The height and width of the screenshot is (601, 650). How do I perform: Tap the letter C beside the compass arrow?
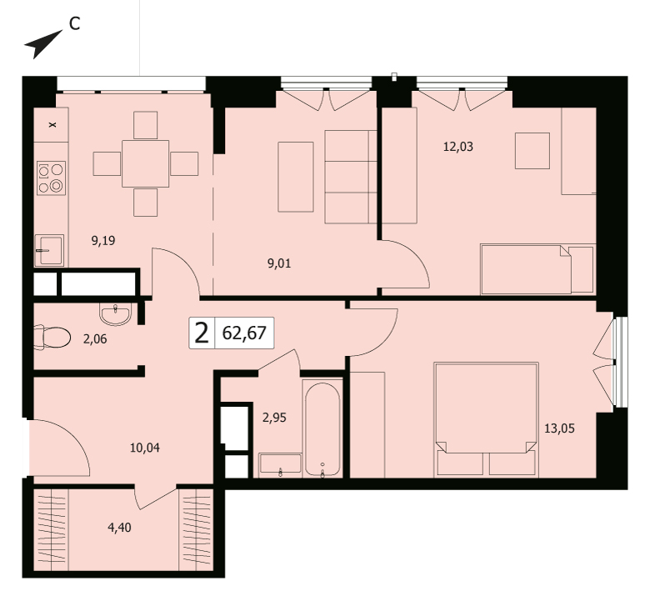74,24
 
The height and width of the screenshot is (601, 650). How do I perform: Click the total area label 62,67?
244,333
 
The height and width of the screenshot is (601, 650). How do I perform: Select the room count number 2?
202,333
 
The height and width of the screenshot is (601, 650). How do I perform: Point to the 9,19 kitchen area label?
103,241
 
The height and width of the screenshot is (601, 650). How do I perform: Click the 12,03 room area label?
458,147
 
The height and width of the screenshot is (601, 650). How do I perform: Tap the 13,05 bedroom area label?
560,428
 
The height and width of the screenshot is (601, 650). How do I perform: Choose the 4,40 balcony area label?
119,528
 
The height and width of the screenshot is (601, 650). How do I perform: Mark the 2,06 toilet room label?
95,339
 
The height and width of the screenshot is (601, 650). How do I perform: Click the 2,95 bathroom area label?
274,418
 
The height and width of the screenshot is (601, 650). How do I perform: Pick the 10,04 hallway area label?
145,448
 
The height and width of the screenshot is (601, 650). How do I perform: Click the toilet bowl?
52,338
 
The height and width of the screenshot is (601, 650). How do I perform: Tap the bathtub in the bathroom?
322,428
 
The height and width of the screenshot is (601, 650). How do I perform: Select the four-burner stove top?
51,178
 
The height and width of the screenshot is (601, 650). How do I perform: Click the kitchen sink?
49,250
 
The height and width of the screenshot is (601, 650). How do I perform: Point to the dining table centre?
146,164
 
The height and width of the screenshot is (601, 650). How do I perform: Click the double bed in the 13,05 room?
487,419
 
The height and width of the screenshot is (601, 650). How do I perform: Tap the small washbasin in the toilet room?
116,313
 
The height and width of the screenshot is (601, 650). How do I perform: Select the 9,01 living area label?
279,263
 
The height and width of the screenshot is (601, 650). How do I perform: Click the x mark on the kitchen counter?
52,124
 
